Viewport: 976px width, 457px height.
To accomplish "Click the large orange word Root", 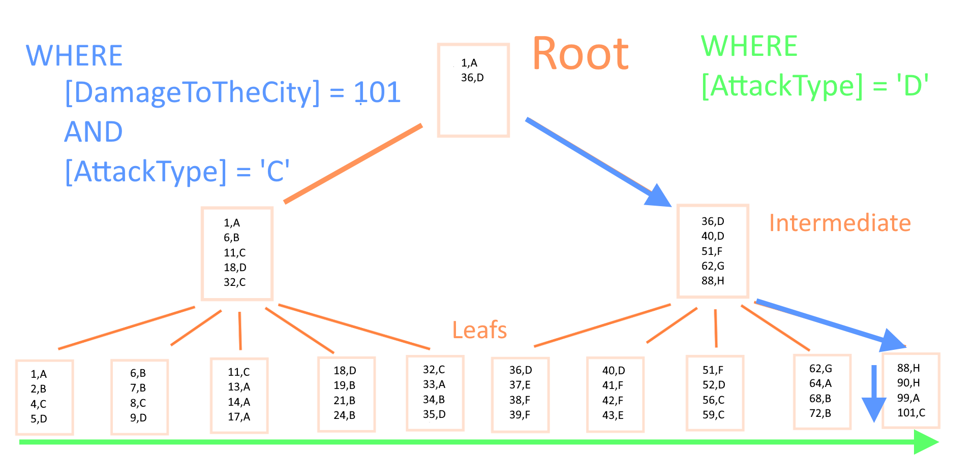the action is (581, 54).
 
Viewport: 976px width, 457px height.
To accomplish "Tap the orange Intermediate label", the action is (840, 223).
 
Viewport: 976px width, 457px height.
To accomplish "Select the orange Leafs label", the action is (479, 330).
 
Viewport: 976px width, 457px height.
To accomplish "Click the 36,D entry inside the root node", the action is (472, 78).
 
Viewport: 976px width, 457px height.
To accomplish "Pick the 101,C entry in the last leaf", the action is (911, 413).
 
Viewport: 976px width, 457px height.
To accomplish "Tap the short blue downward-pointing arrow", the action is (874, 394).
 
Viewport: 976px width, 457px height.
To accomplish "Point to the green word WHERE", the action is (749, 46).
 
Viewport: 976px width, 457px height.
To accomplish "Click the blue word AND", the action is (94, 132).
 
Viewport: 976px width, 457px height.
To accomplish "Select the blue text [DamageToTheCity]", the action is (193, 93).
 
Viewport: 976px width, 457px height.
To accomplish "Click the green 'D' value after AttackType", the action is (912, 85).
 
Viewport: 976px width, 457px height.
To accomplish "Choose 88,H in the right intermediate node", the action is (713, 281).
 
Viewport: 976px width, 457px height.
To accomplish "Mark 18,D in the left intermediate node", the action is (235, 268).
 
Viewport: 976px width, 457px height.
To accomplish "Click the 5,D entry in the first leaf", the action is (39, 419).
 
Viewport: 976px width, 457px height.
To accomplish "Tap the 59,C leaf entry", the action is (713, 415).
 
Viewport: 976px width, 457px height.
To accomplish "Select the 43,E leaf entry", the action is (613, 415).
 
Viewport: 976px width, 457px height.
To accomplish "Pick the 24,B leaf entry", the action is (344, 415).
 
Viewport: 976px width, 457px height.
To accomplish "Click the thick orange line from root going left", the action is (353, 164).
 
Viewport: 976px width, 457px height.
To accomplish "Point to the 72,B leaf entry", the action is (820, 413).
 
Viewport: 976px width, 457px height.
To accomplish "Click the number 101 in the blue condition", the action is (378, 92).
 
